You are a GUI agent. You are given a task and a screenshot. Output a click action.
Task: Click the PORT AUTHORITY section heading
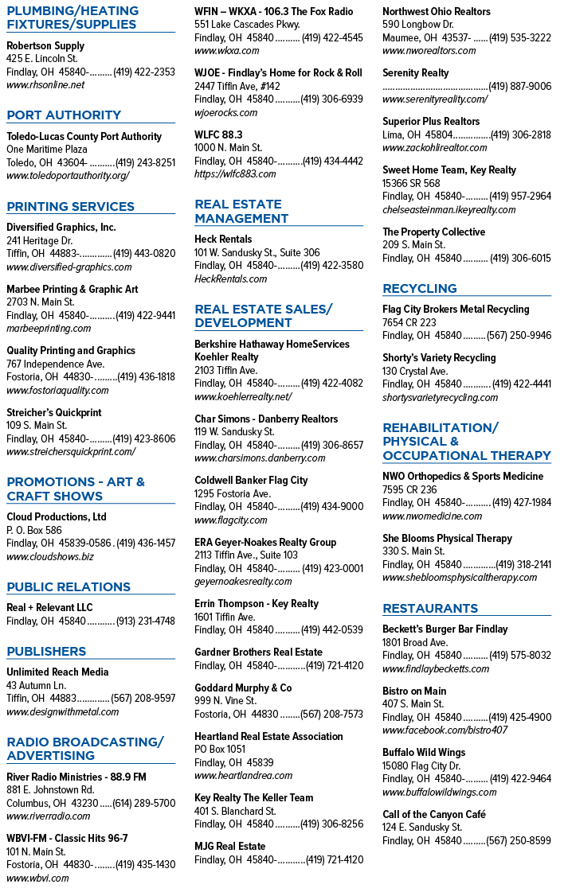coord(64,115)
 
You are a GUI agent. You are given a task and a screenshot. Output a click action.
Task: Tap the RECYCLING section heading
coord(420,289)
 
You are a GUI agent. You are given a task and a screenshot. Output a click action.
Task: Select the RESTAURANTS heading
coord(430,609)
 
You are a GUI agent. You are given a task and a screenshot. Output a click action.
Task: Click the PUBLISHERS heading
coord(46,652)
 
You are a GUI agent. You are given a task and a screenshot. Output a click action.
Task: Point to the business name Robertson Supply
coord(45,45)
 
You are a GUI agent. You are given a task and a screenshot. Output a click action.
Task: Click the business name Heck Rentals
coord(223,239)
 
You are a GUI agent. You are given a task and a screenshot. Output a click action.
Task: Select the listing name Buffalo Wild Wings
coord(424,753)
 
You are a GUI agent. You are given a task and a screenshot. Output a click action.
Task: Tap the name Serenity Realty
coord(415,73)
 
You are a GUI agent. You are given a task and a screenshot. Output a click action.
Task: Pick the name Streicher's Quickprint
coord(53,412)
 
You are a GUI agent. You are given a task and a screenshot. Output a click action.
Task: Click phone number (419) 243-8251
coord(145,163)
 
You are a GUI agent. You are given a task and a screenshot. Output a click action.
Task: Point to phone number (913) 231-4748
coord(146,621)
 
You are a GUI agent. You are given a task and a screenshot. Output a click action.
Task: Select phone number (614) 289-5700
coord(144,804)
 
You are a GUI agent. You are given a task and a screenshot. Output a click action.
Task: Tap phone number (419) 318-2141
coord(523,564)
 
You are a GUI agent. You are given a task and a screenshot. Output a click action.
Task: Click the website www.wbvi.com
coord(37,878)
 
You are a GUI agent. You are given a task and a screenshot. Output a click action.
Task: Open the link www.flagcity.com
coord(230,520)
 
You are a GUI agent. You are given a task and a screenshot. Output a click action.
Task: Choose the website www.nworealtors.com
coord(429,51)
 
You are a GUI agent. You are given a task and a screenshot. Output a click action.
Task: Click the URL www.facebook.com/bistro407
coord(445,730)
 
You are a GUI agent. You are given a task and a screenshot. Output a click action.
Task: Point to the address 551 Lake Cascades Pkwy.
coord(247,25)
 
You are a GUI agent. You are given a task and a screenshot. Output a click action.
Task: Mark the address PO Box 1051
coord(220,749)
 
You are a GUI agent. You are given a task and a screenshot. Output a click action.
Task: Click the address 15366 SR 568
coord(411,184)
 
